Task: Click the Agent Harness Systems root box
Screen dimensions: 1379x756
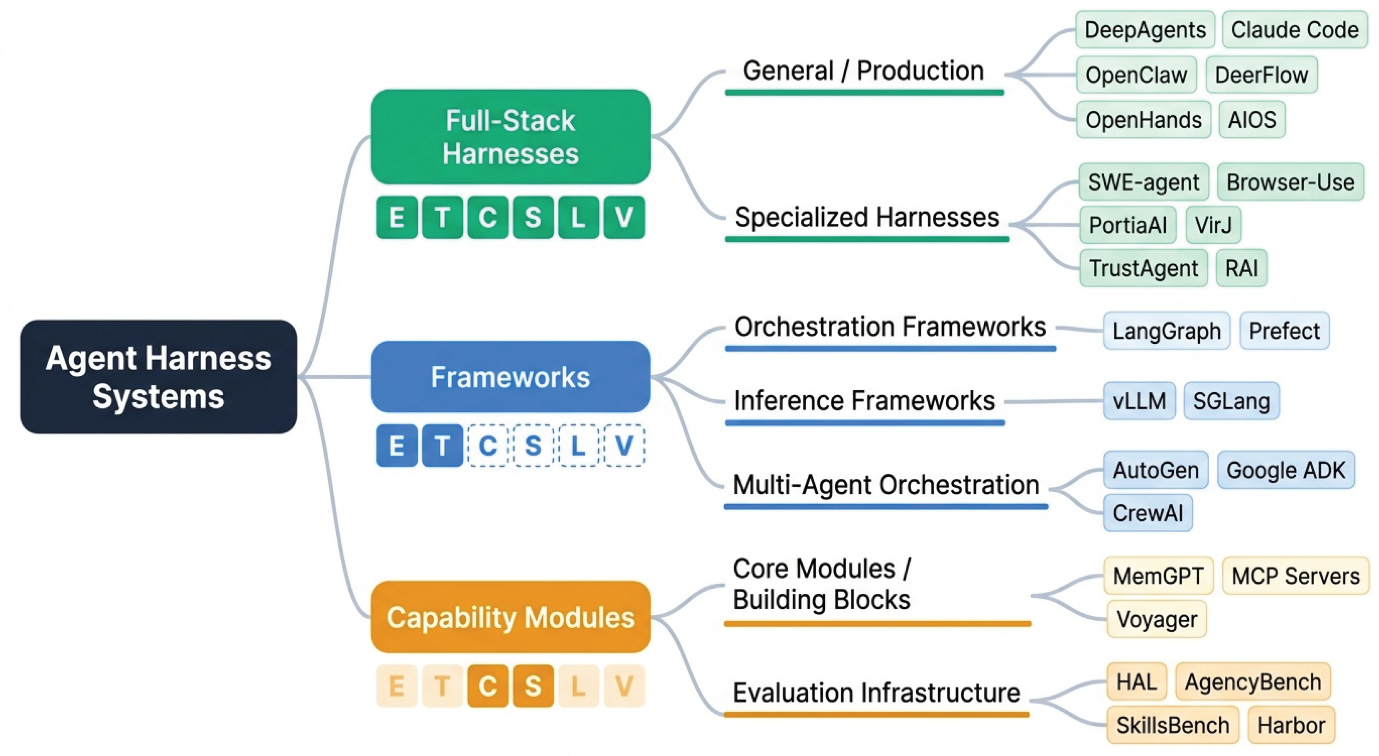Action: click(158, 376)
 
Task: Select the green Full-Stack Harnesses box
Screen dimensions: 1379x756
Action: click(511, 137)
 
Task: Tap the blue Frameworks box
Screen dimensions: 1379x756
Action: click(511, 376)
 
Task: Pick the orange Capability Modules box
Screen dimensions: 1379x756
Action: click(511, 617)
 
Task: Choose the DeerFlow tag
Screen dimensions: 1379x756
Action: click(1262, 75)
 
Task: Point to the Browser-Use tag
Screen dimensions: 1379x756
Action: click(1290, 182)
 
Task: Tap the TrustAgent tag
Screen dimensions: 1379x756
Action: click(1144, 268)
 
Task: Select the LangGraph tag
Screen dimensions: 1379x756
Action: click(1167, 331)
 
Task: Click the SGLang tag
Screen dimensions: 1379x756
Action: click(1231, 401)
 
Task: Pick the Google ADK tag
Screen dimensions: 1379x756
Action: click(1286, 470)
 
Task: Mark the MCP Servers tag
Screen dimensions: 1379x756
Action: click(1295, 575)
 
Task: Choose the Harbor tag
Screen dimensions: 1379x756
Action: click(1291, 725)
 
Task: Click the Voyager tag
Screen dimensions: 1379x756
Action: click(1156, 619)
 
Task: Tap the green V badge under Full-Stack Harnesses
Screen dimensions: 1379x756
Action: click(624, 217)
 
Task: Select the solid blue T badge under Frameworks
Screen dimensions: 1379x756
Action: click(442, 445)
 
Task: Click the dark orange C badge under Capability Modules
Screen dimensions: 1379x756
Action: click(488, 686)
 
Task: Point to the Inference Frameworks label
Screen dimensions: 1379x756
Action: click(864, 401)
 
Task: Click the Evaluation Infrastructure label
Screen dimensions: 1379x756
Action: click(876, 692)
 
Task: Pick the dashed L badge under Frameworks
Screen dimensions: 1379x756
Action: click(579, 445)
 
